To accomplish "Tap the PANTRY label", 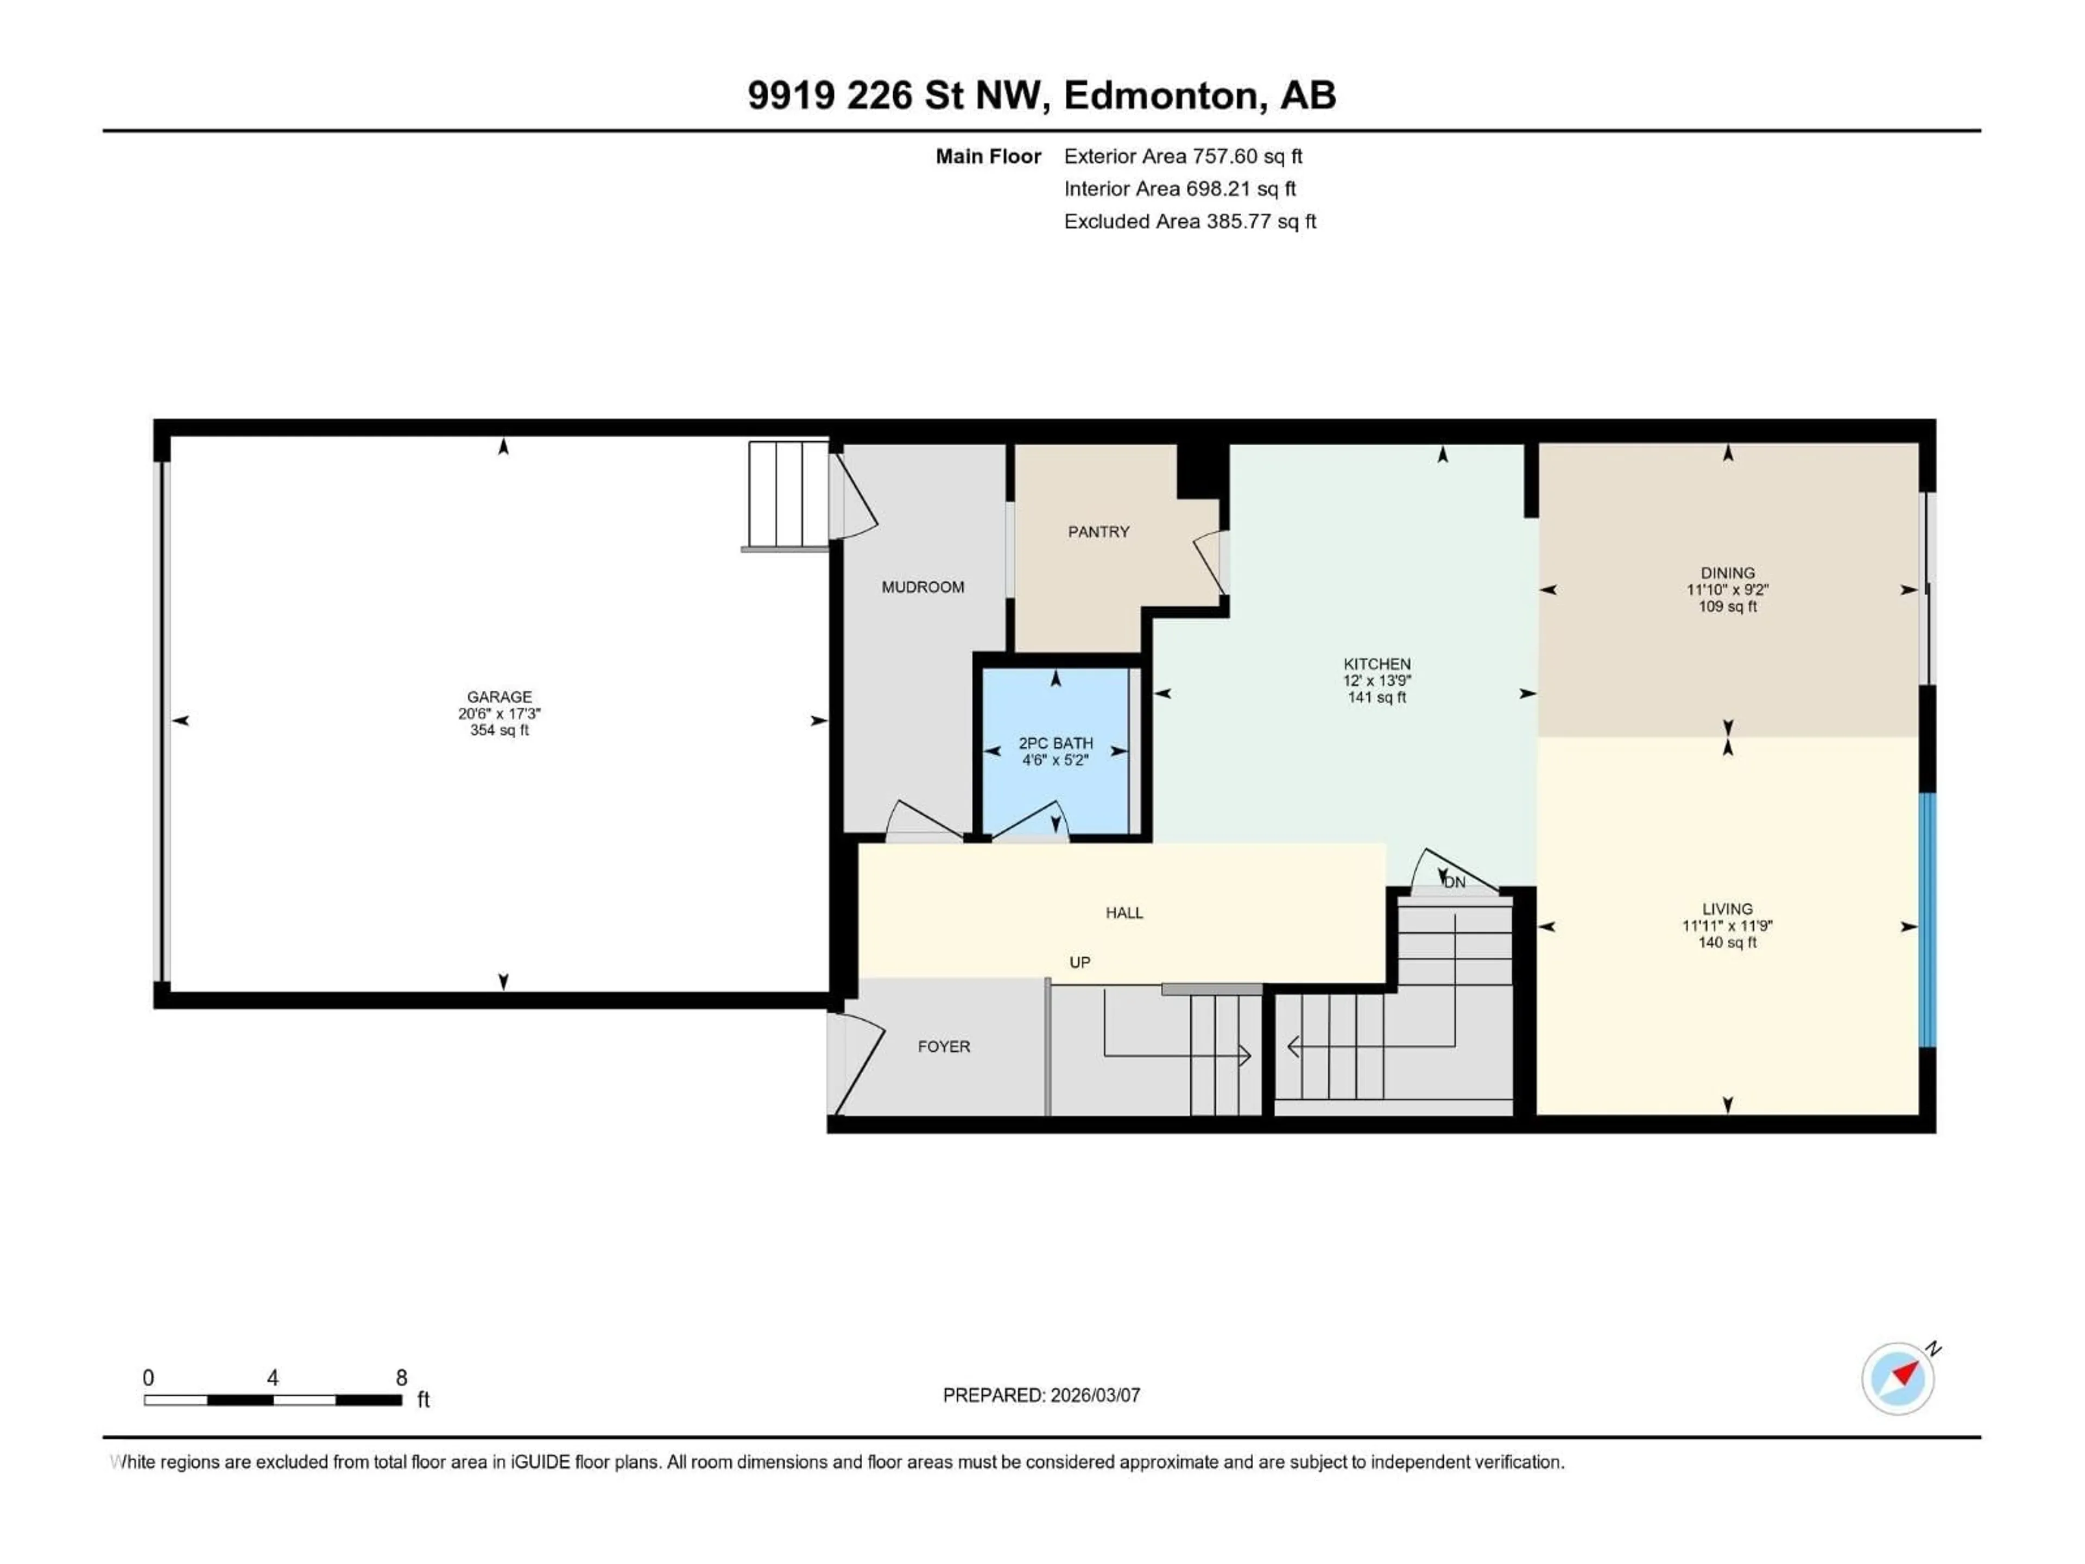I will click(1098, 532).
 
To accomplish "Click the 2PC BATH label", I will click(1055, 743).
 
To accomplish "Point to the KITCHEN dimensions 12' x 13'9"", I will click(1376, 680).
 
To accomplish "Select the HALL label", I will click(1123, 912).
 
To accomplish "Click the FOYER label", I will click(944, 1046).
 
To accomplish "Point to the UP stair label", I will click(1079, 962).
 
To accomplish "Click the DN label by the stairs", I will click(1455, 882).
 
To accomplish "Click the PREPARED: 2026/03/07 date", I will click(1041, 1395).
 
